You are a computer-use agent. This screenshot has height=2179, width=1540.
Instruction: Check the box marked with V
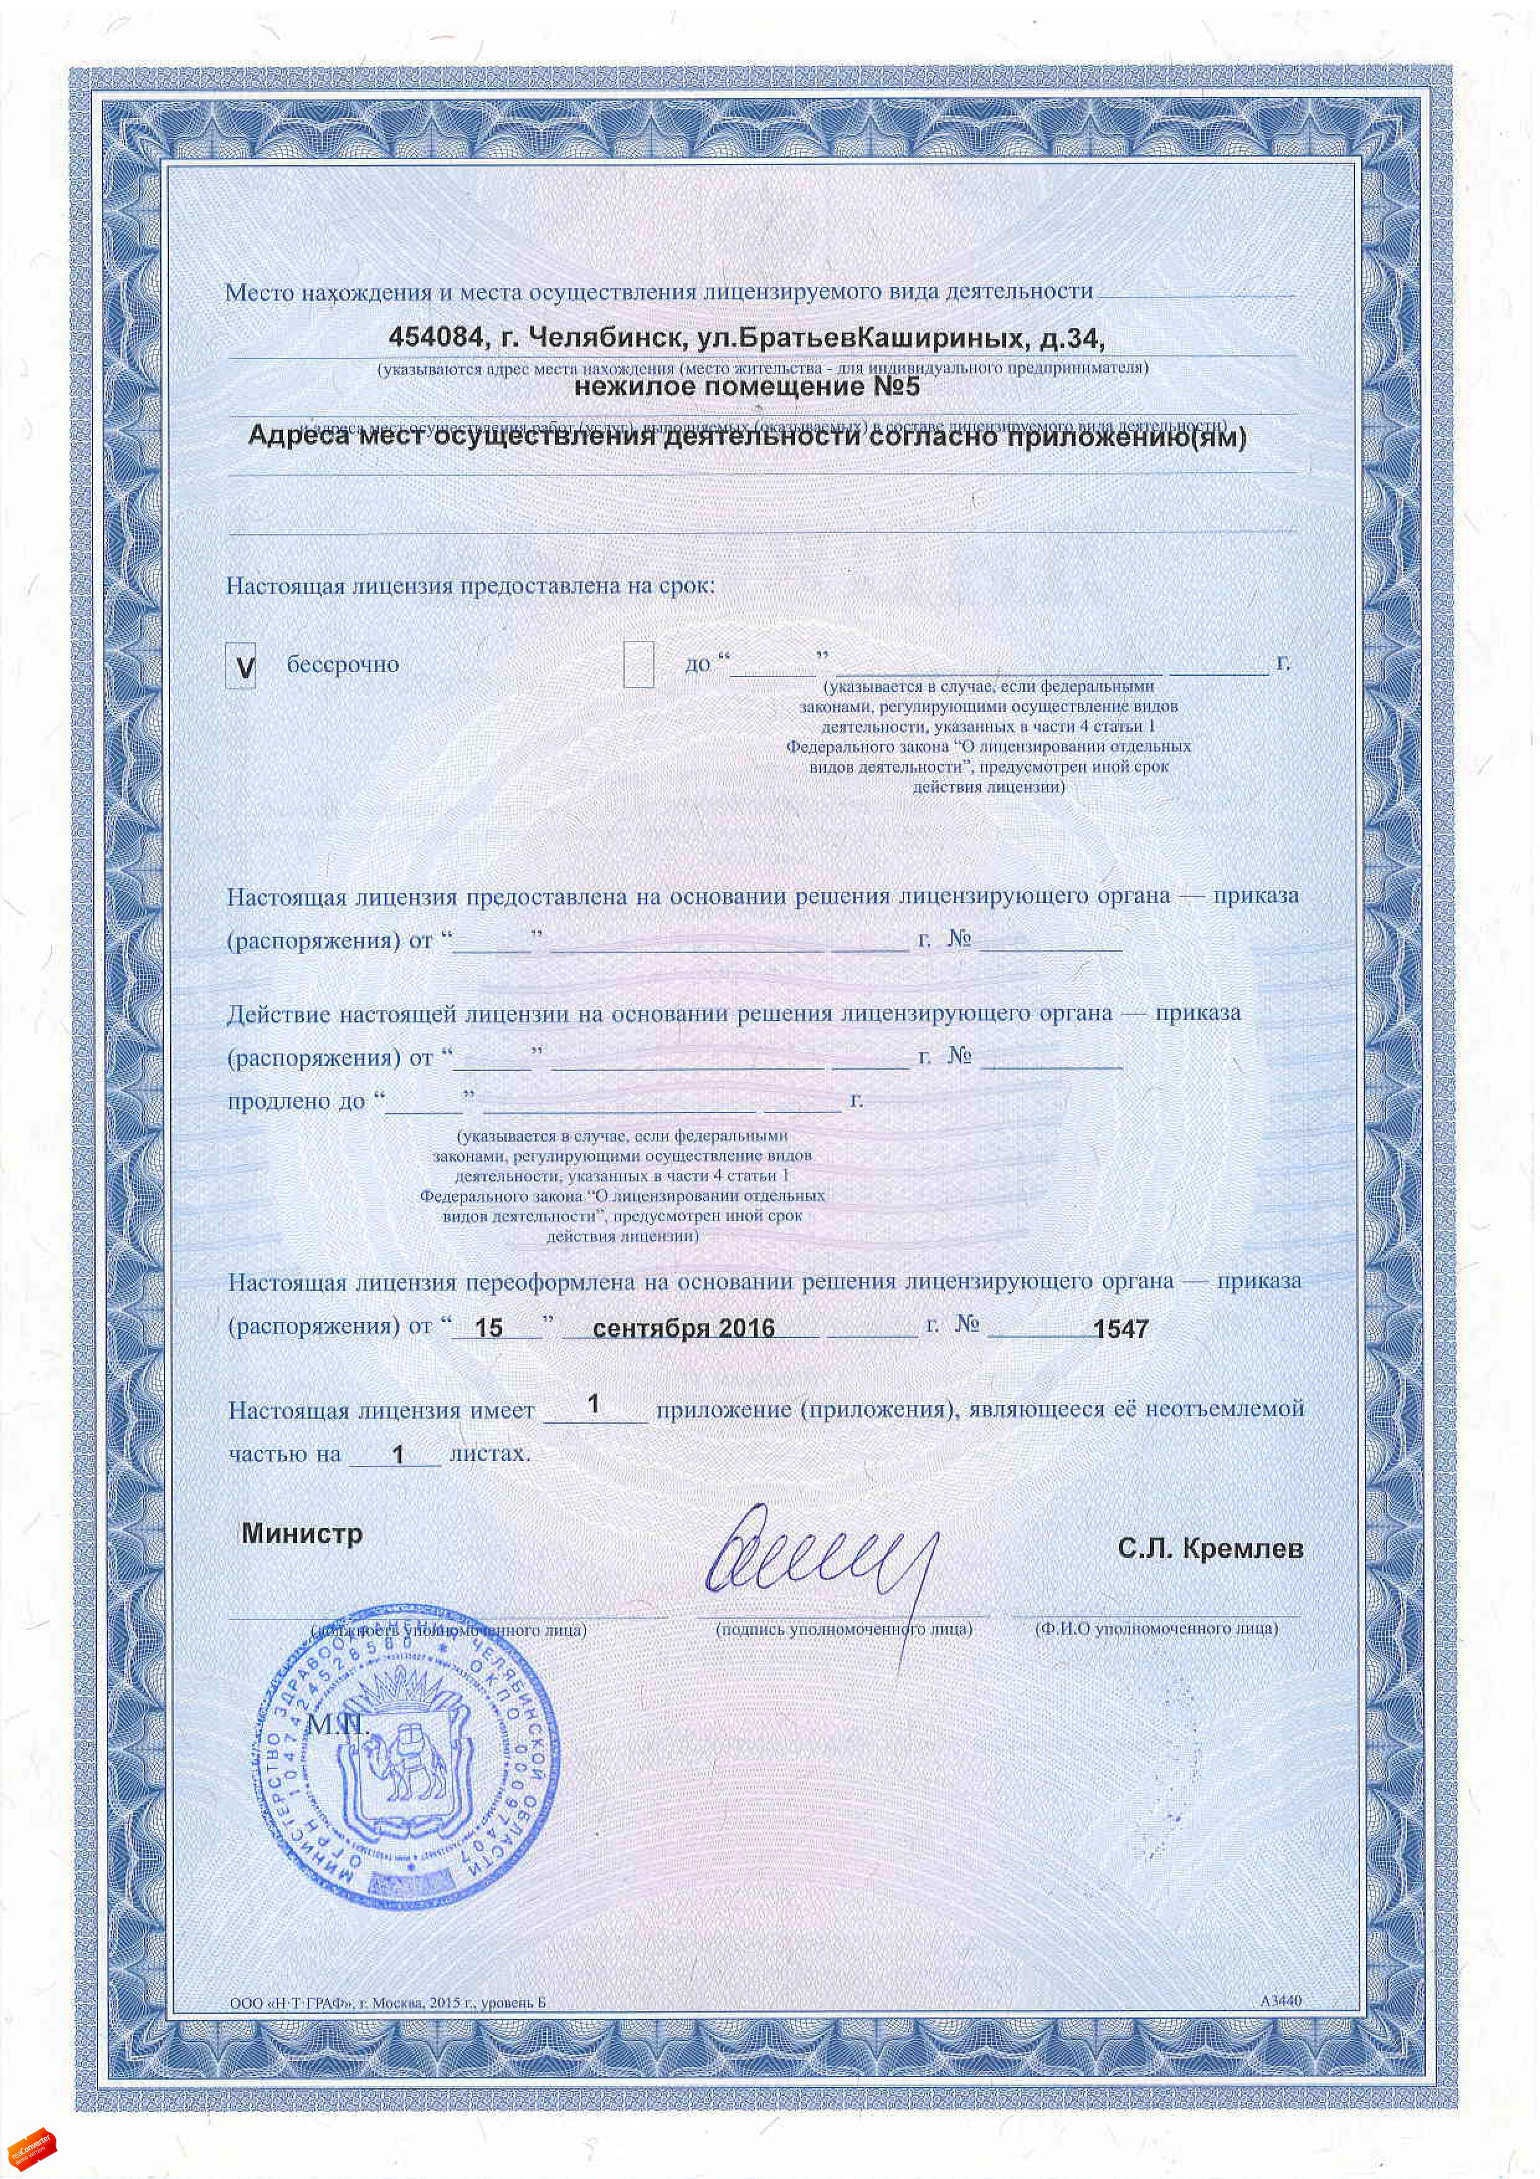pos(241,667)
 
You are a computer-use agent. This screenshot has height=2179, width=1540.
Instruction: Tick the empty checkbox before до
pos(638,665)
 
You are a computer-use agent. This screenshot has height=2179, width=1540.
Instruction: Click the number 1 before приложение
pos(594,1404)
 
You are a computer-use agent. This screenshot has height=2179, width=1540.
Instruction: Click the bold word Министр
pos(302,1534)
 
